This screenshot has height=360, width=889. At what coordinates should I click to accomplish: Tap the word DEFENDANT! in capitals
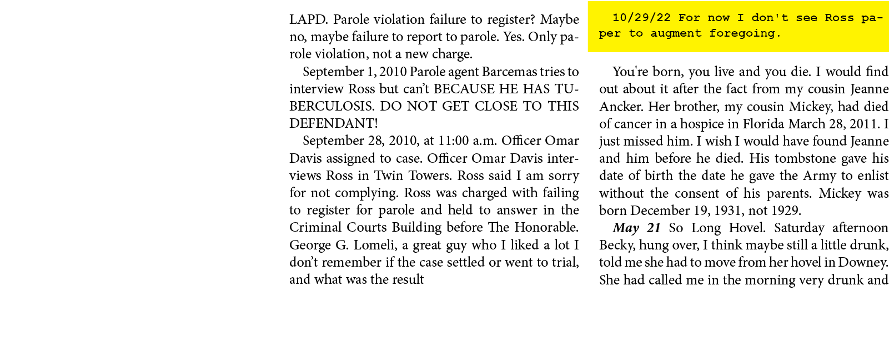click(333, 123)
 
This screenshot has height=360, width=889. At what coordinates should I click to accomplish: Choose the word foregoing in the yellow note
click(745, 33)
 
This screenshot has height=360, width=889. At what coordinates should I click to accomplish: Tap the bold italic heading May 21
click(636, 228)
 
